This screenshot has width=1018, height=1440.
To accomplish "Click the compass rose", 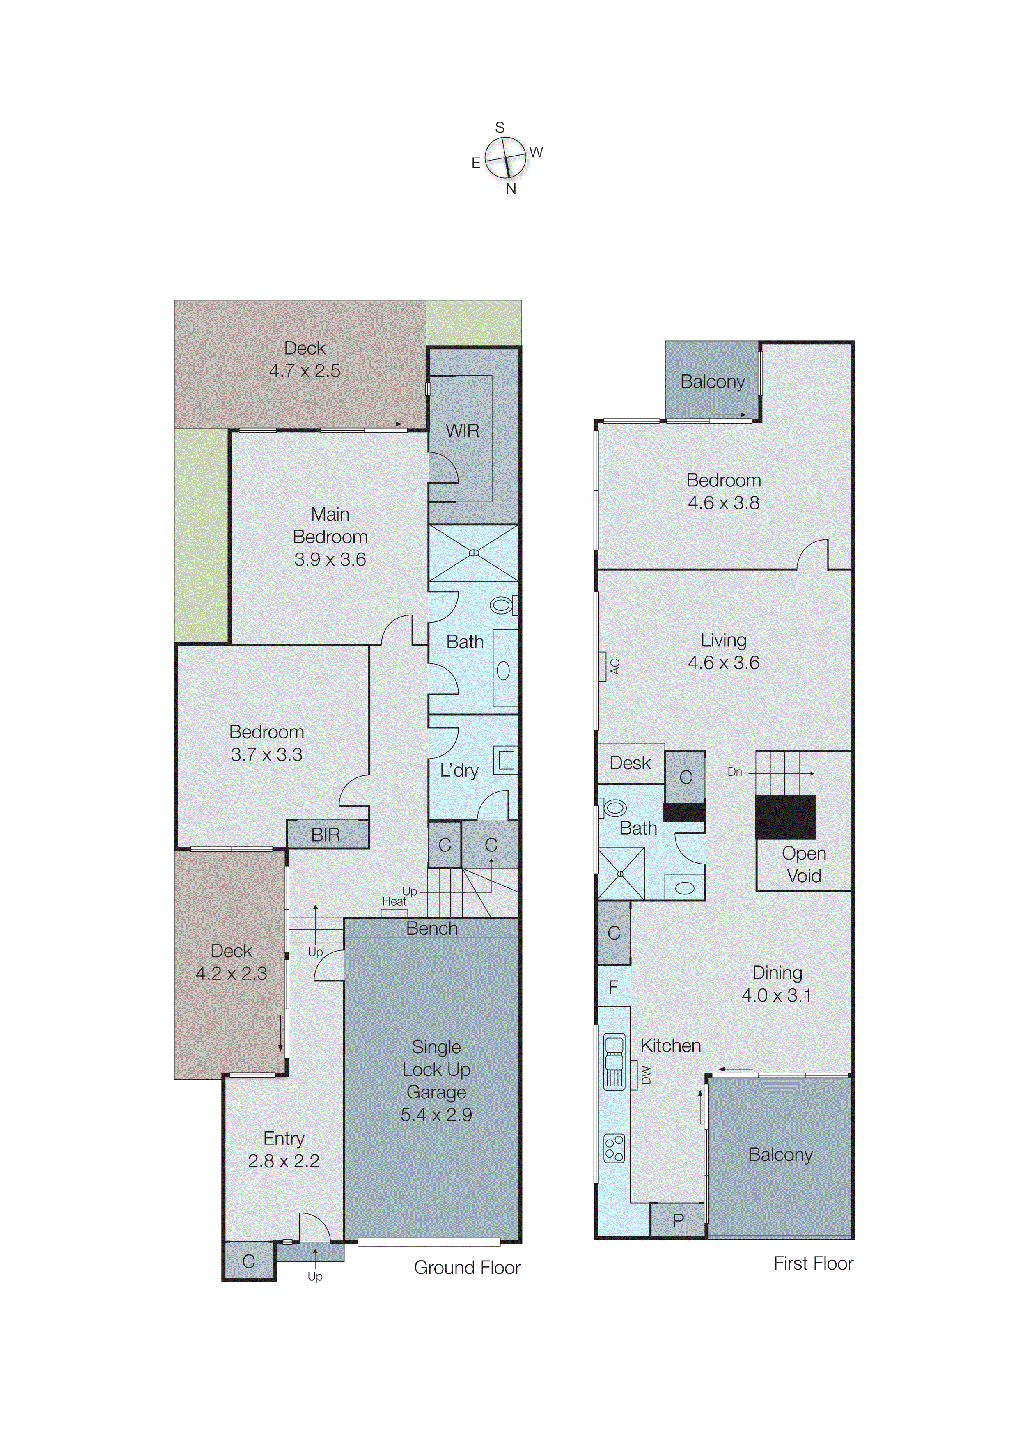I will (x=505, y=157).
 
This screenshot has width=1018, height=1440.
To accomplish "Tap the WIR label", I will (x=462, y=431).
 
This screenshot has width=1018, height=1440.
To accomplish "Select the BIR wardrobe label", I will (x=326, y=835).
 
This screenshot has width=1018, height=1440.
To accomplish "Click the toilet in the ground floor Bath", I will (x=502, y=605).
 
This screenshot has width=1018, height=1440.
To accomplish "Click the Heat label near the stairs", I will (x=394, y=901).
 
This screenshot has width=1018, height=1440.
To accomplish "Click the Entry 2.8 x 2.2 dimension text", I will (x=284, y=1161).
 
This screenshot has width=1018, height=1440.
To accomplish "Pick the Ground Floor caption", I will (x=467, y=1268).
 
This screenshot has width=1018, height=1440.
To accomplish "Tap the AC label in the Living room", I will (x=615, y=666).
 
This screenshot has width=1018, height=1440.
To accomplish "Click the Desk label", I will (x=631, y=763).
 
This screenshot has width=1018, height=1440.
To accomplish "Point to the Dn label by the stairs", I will (x=734, y=772).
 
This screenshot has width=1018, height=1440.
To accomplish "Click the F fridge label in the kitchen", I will (x=613, y=987).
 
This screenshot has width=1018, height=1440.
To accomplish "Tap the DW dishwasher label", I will (x=646, y=1075).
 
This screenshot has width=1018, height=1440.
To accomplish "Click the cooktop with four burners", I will (x=614, y=1149).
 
